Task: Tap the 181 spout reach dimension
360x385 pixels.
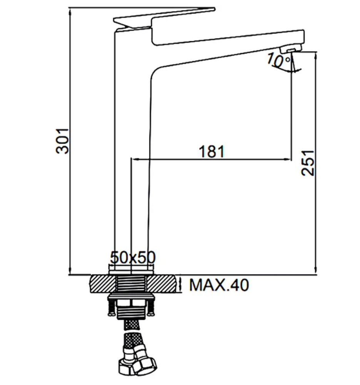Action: tap(212, 151)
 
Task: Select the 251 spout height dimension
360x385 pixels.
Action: tap(307, 163)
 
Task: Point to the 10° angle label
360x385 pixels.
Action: tap(278, 60)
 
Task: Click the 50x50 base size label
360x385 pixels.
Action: tap(133, 257)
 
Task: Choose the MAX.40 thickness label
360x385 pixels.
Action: tap(219, 285)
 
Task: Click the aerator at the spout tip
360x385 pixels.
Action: tap(290, 49)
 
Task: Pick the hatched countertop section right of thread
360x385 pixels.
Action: tap(162, 284)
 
